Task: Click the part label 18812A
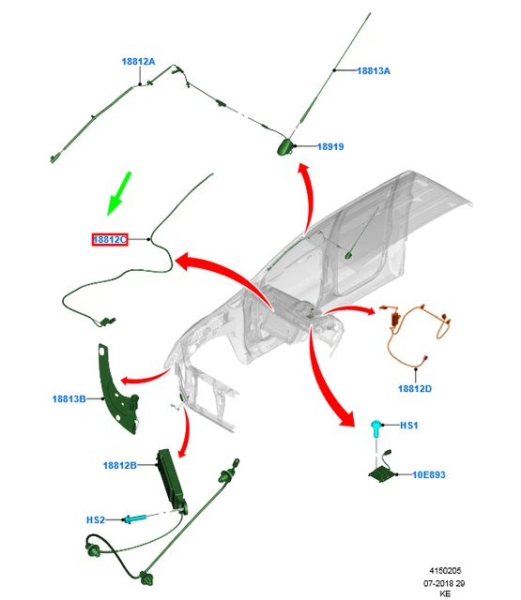point(138,62)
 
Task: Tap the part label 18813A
point(374,71)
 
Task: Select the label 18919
point(330,146)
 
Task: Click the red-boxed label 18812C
point(110,240)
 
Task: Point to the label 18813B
point(69,399)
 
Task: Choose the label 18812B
point(119,465)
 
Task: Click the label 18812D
point(415,389)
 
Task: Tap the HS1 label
point(408,426)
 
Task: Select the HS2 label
point(96,520)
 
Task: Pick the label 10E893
point(429,475)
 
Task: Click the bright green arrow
point(118,194)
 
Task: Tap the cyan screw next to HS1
point(375,428)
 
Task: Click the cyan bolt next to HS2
point(134,518)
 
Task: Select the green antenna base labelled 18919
point(285,147)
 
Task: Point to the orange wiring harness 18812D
point(418,333)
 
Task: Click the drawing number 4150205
point(445,571)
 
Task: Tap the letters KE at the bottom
point(445,593)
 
